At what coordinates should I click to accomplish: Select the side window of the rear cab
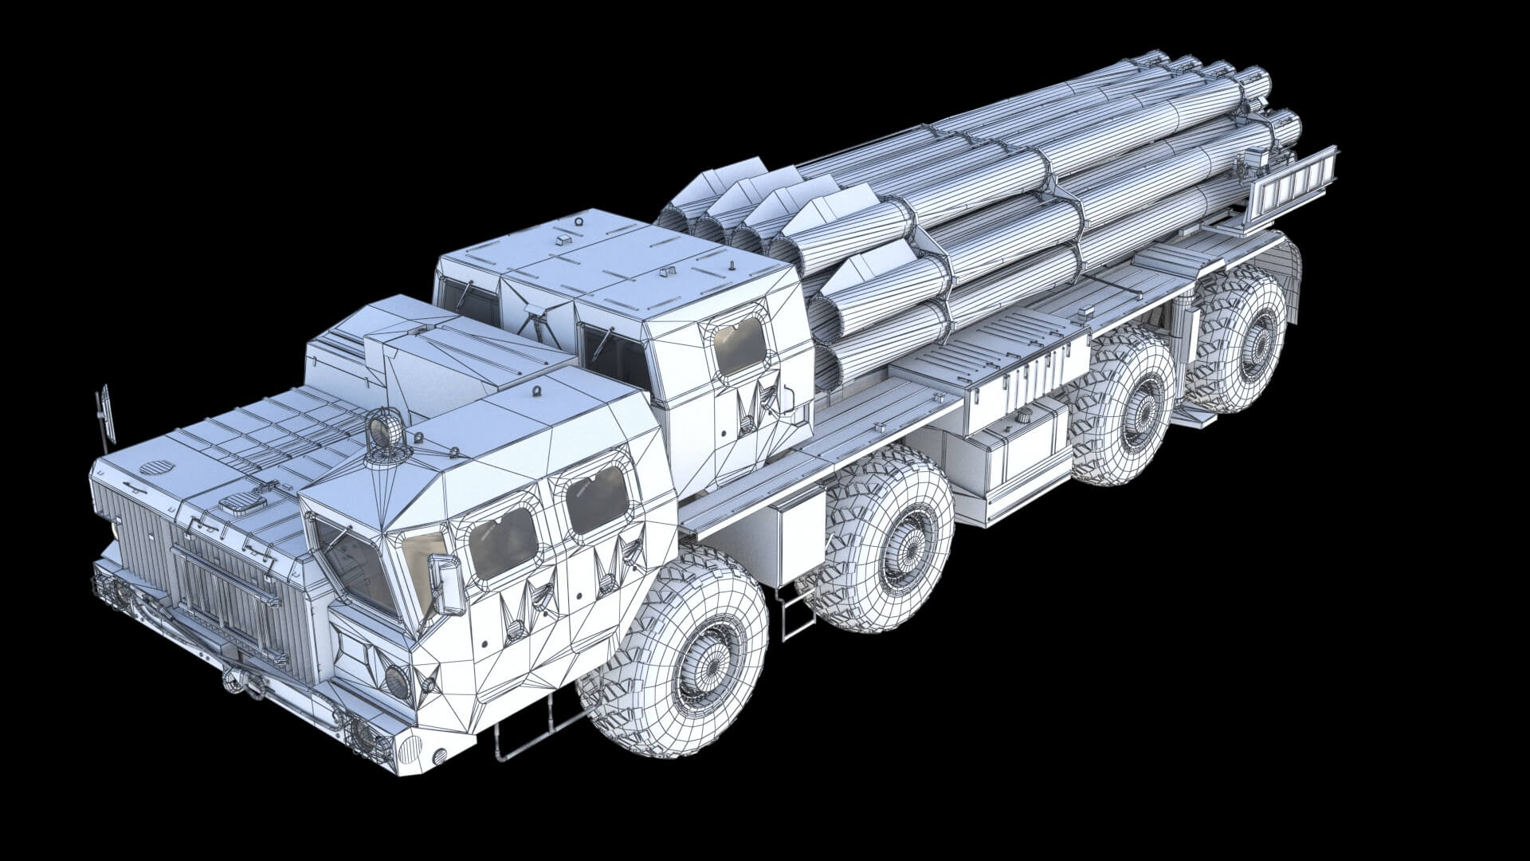coord(739,344)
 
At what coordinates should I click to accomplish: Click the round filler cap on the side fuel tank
coord(1022,416)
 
